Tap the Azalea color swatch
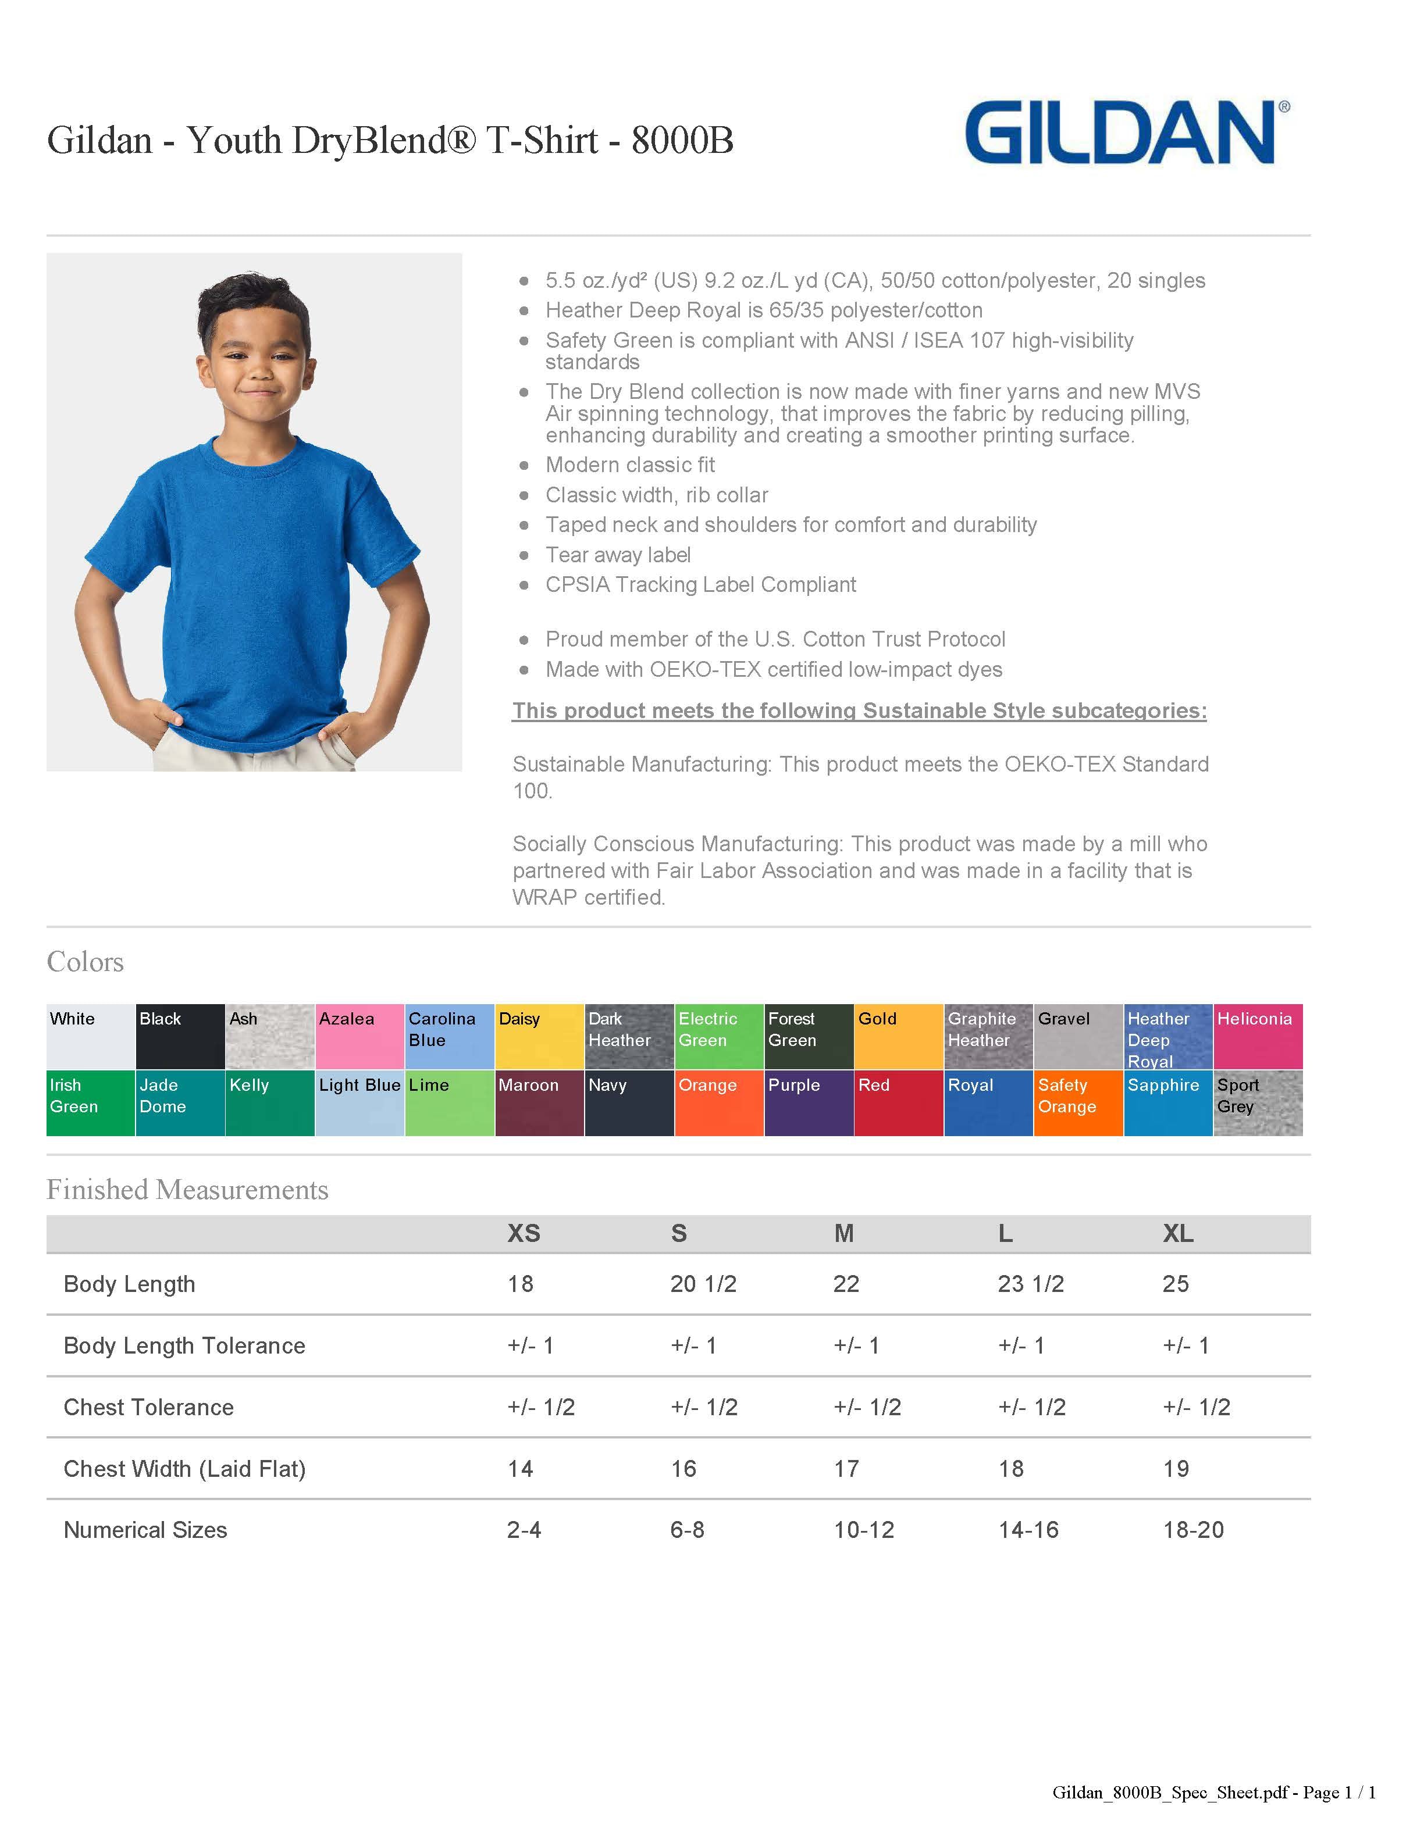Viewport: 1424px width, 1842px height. click(359, 1037)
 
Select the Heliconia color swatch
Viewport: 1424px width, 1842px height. click(1257, 1037)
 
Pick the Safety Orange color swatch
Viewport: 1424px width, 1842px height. click(1077, 1102)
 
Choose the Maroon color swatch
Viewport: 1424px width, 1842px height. click(539, 1102)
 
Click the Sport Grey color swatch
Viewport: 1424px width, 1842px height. click(1257, 1102)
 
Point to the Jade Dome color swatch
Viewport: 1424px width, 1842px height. click(180, 1102)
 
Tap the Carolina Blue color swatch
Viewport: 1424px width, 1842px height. click(449, 1037)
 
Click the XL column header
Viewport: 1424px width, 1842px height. click(1178, 1233)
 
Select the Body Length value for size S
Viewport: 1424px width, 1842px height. click(703, 1284)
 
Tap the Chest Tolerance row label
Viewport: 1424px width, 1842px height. click(148, 1407)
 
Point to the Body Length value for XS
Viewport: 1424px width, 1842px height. click(521, 1284)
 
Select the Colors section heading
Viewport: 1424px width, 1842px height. click(85, 962)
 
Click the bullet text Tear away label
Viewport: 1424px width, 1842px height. click(618, 555)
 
